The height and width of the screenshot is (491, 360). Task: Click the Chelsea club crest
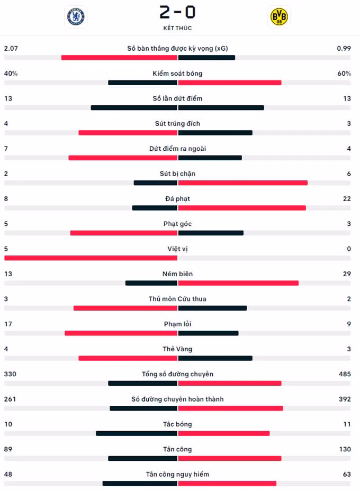pos(76,16)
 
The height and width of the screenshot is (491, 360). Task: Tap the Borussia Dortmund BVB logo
pos(279,16)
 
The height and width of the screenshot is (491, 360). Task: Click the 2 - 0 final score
pos(177,13)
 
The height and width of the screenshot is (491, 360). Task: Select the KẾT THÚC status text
pos(177,28)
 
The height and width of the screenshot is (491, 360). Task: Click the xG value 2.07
pos(11,48)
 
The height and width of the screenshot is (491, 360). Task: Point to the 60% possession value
pos(344,73)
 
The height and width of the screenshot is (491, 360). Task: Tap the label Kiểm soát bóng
pos(177,73)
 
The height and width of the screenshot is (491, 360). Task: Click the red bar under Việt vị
pos(91,258)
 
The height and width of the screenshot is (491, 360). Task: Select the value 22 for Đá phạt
pos(347,198)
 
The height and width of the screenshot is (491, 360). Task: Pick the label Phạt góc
pos(177,224)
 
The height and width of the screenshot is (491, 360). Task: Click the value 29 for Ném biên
pos(347,274)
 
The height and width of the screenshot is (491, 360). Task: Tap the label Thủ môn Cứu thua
pos(177,299)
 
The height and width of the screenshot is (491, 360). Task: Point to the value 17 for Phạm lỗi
pos(8,324)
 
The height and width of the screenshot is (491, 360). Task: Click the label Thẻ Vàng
pos(177,349)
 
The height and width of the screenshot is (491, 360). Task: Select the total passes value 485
pos(345,374)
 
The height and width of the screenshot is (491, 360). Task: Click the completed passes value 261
pos(10,399)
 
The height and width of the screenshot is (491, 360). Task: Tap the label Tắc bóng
pos(177,424)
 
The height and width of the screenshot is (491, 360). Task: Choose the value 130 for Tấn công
pos(345,449)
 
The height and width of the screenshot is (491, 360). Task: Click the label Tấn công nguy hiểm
pos(177,475)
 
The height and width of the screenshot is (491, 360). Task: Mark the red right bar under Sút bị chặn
pos(243,183)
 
